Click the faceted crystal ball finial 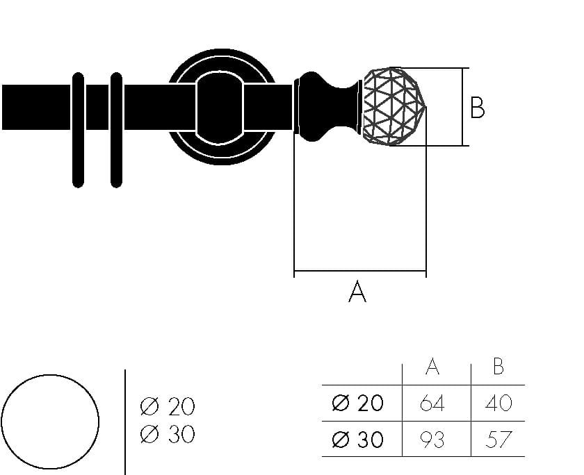coord(394,106)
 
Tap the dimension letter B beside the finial coord(477,108)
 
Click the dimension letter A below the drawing coord(357,292)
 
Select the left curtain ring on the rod coord(78,130)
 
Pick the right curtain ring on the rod coord(117,130)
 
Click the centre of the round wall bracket coord(221,107)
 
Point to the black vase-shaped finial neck coord(327,107)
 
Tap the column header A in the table coord(432,367)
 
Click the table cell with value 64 coord(432,403)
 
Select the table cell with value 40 coord(498,403)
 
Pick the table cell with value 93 coord(432,440)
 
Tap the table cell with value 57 coord(498,440)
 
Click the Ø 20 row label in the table coord(357,403)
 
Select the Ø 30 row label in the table coord(357,440)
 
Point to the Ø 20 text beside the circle coord(168,406)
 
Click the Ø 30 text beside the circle coord(168,434)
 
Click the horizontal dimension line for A coord(360,271)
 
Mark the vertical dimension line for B coord(462,107)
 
